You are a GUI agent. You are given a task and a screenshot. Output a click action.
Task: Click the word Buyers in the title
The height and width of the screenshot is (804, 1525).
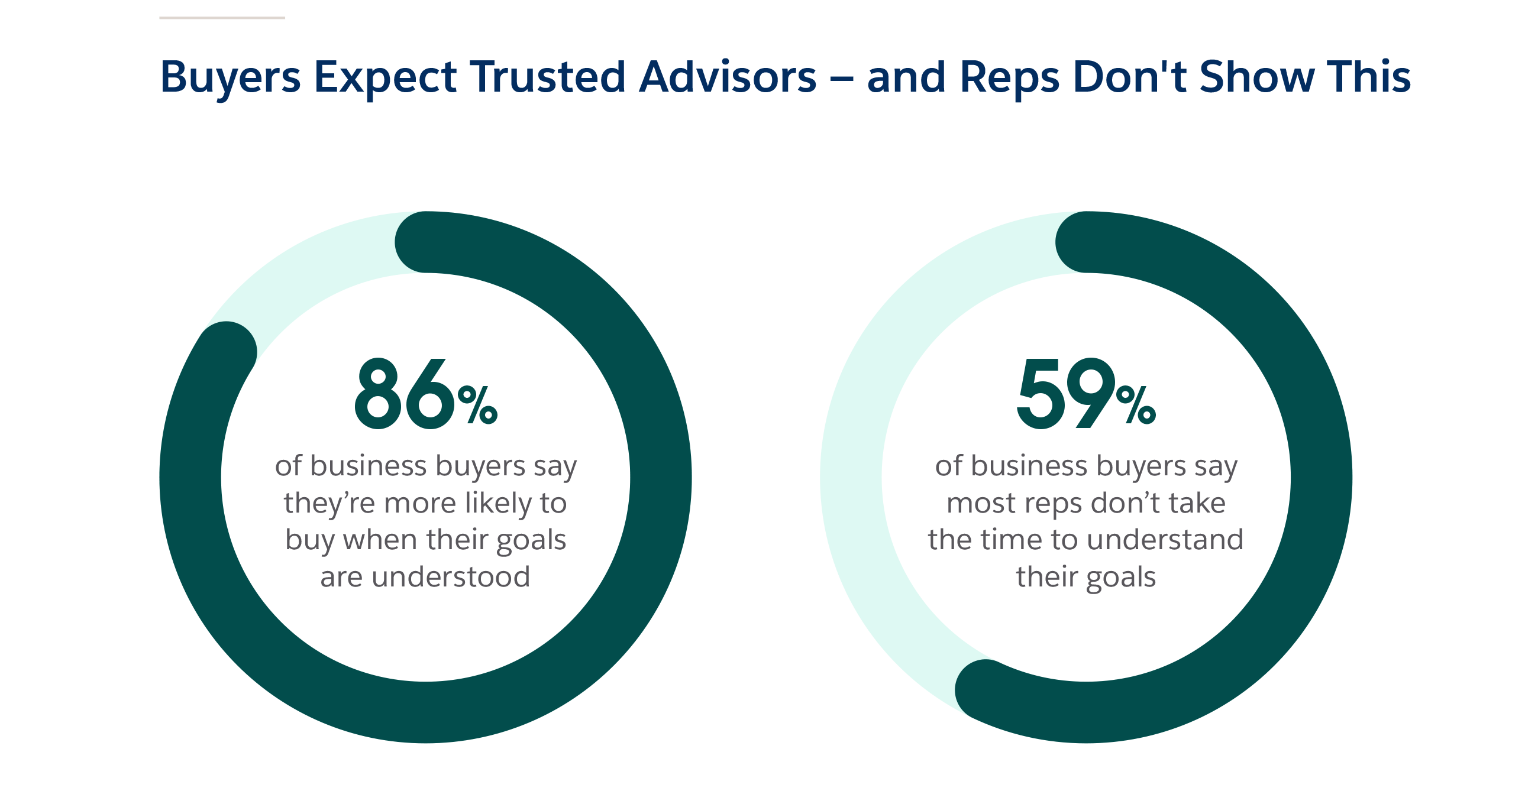coord(230,78)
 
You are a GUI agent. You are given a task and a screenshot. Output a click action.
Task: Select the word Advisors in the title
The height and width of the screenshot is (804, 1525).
coord(728,77)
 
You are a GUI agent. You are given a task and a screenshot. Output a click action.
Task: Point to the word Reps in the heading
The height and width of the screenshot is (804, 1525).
coord(1009,78)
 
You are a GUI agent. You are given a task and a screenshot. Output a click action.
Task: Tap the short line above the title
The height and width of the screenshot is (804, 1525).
coord(222,18)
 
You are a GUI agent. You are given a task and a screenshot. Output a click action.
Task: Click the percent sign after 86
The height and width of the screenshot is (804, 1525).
coord(477,406)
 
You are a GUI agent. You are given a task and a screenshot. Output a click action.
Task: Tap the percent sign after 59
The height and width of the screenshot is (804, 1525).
coord(1136,406)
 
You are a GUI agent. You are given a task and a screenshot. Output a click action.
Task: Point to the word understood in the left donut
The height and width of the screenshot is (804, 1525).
coord(451,578)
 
